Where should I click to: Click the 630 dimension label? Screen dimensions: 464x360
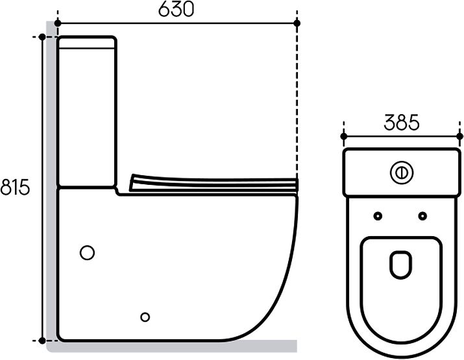176,9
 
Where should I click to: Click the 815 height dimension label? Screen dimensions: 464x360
15,187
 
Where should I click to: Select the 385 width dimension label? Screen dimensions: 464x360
402,123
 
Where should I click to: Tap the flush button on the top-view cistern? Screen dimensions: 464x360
402,173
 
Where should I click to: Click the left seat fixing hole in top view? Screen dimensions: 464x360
378,216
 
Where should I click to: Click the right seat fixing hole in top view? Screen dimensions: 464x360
422,216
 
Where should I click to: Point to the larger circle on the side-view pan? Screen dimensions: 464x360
88,253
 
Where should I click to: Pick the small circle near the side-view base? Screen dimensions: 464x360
145,317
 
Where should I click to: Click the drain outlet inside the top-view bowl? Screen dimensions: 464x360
401,265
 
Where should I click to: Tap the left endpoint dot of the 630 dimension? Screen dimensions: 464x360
58,23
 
